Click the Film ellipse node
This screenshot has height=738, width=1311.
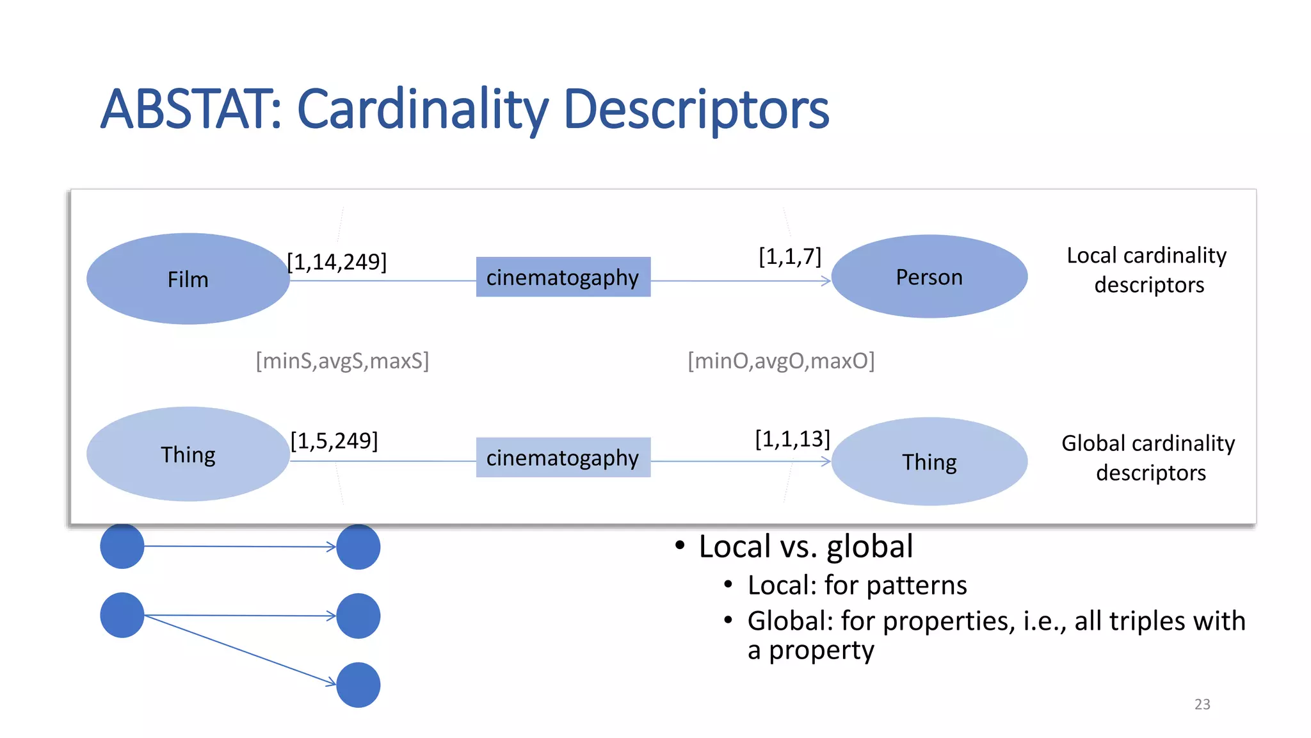188,279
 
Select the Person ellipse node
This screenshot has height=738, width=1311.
929,277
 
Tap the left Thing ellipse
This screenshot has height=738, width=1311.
188,454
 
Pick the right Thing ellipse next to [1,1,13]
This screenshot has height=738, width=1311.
929,461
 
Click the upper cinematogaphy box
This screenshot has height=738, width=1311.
563,277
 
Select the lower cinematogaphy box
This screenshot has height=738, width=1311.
563,457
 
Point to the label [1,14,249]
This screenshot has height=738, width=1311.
337,262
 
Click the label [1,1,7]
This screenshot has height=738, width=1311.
789,256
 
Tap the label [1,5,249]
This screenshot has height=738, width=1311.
334,441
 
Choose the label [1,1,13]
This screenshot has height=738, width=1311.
792,439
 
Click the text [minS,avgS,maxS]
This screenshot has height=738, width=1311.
342,361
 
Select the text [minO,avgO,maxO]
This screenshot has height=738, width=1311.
781,361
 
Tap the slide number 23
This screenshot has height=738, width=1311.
1202,704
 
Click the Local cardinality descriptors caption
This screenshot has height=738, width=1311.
1147,270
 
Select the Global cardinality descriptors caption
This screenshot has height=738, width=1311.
1148,457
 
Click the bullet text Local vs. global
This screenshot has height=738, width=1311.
805,546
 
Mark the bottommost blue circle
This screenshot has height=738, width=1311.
358,685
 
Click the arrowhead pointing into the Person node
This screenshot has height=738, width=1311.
826,281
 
